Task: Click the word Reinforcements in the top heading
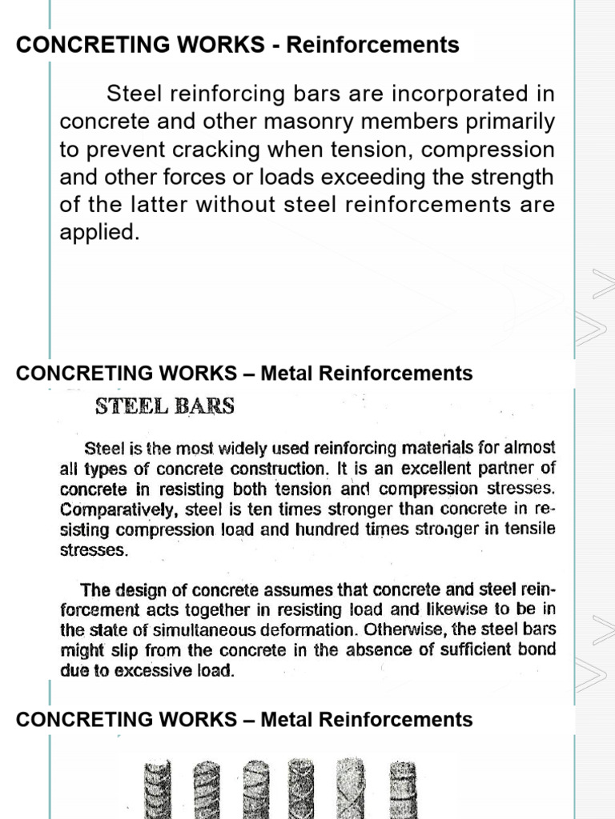pos(373,45)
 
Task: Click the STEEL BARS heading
pos(165,406)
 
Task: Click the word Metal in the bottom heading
pos(286,720)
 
